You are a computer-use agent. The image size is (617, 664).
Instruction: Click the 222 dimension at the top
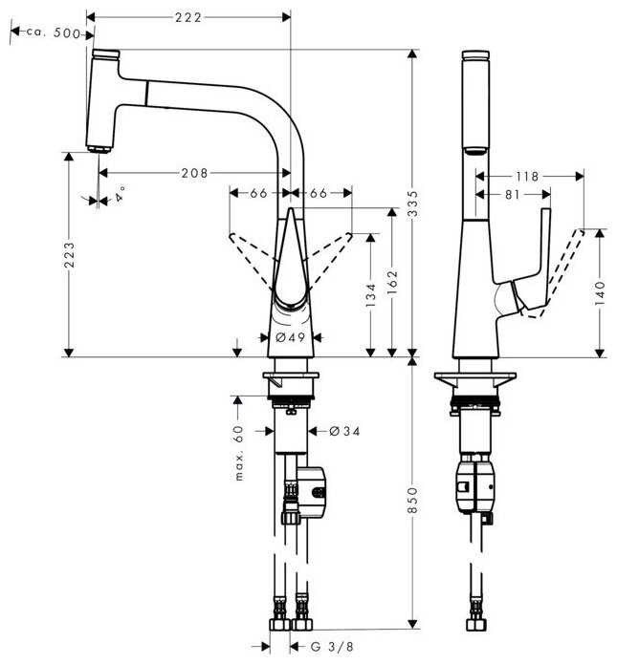188,17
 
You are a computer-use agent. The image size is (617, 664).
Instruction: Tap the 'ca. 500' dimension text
53,32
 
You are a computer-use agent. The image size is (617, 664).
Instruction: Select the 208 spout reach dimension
194,173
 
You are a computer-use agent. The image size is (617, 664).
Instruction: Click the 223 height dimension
69,254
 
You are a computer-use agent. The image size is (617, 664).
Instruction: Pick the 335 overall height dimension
412,203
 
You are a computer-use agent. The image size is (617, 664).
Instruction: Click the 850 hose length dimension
412,500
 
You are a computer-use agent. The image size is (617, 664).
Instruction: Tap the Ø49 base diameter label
291,337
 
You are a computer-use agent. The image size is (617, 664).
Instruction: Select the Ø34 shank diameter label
344,431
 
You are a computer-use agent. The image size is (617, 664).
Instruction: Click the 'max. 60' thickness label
239,453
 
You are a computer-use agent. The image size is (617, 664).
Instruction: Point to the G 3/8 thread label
332,647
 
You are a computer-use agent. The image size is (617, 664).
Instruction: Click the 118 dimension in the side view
527,176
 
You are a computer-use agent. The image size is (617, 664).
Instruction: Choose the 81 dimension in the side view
513,194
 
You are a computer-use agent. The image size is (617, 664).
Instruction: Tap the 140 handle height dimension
600,293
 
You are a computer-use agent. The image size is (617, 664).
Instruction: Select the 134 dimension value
370,295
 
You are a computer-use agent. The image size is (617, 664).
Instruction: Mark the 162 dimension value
392,282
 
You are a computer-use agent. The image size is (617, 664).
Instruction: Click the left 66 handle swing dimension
258,193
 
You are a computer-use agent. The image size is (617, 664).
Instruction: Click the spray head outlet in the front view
99,149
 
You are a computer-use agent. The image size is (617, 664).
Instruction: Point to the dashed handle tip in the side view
580,231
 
